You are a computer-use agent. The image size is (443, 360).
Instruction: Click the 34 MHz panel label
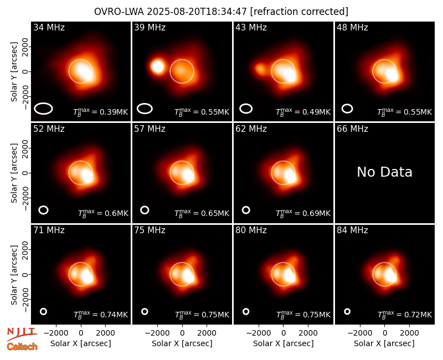[x=49, y=27]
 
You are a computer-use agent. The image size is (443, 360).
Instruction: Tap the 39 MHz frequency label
[x=150, y=27]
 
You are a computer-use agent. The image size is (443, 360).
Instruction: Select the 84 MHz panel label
[x=352, y=230]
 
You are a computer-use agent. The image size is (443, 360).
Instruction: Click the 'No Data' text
[x=384, y=172]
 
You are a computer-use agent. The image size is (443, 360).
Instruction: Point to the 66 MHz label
[x=352, y=129]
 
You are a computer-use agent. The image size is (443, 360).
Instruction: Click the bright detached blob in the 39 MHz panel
[x=158, y=66]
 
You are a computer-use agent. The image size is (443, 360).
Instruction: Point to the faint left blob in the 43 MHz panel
[x=260, y=69]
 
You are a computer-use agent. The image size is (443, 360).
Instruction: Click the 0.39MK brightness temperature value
[x=101, y=112]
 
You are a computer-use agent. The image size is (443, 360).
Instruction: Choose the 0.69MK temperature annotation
[x=303, y=213]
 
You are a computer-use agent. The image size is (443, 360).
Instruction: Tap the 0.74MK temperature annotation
[x=101, y=314]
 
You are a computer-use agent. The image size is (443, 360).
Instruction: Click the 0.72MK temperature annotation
[x=405, y=314]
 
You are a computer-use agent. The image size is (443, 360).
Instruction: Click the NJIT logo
[x=22, y=333]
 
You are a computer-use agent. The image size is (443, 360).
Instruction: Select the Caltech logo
[x=22, y=347]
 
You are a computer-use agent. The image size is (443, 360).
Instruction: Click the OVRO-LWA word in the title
[x=119, y=12]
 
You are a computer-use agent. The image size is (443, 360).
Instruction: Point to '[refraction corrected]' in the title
[x=299, y=12]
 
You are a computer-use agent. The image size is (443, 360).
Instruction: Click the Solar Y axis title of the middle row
[x=14, y=173]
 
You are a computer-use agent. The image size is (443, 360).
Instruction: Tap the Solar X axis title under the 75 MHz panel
[x=182, y=343]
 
